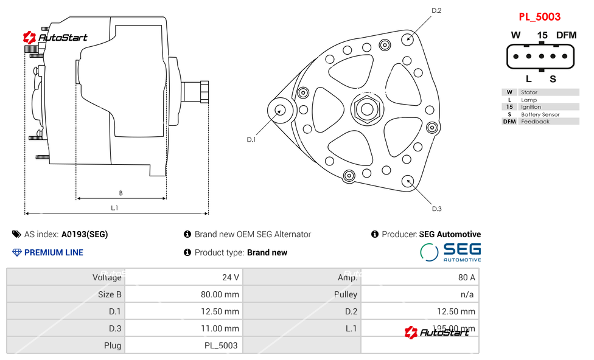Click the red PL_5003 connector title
(539, 17)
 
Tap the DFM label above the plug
(565, 35)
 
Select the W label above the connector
(515, 35)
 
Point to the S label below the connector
(553, 78)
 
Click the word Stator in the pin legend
(529, 92)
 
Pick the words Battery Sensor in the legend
(540, 114)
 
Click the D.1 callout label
(251, 140)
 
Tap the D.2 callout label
(436, 10)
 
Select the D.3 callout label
(436, 209)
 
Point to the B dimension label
(121, 193)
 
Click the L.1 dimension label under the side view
(114, 208)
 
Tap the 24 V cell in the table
(231, 277)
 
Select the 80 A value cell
(467, 277)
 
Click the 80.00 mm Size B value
(220, 294)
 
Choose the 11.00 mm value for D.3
(220, 328)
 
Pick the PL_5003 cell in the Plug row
(222, 345)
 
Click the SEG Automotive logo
(450, 252)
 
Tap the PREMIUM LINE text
(54, 252)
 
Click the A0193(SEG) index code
(85, 234)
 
